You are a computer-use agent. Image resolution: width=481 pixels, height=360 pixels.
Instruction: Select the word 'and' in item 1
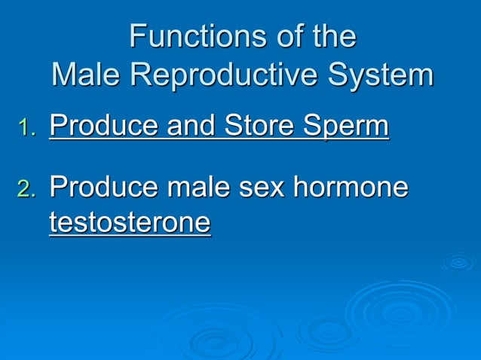point(185,127)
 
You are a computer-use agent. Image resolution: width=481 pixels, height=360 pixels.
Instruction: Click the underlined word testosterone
point(130,223)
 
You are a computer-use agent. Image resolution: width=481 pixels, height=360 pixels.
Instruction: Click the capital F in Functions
point(138,36)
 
